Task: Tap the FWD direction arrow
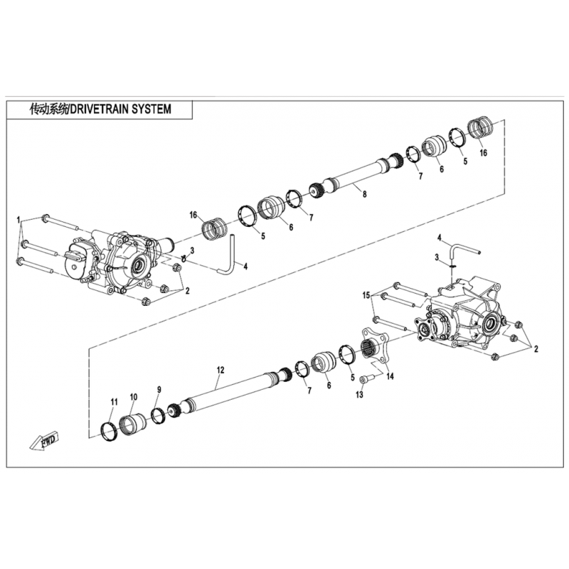pyautogui.click(x=44, y=441)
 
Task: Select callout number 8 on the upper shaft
pyautogui.click(x=364, y=194)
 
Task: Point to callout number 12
pyautogui.click(x=220, y=370)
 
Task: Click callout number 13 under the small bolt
pyautogui.click(x=359, y=395)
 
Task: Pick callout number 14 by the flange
pyautogui.click(x=390, y=376)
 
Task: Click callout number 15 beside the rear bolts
pyautogui.click(x=366, y=295)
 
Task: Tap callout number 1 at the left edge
pyautogui.click(x=17, y=220)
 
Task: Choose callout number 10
pyautogui.click(x=134, y=397)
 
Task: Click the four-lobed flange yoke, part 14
pyautogui.click(x=374, y=344)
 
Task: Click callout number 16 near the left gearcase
pyautogui.click(x=193, y=216)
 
